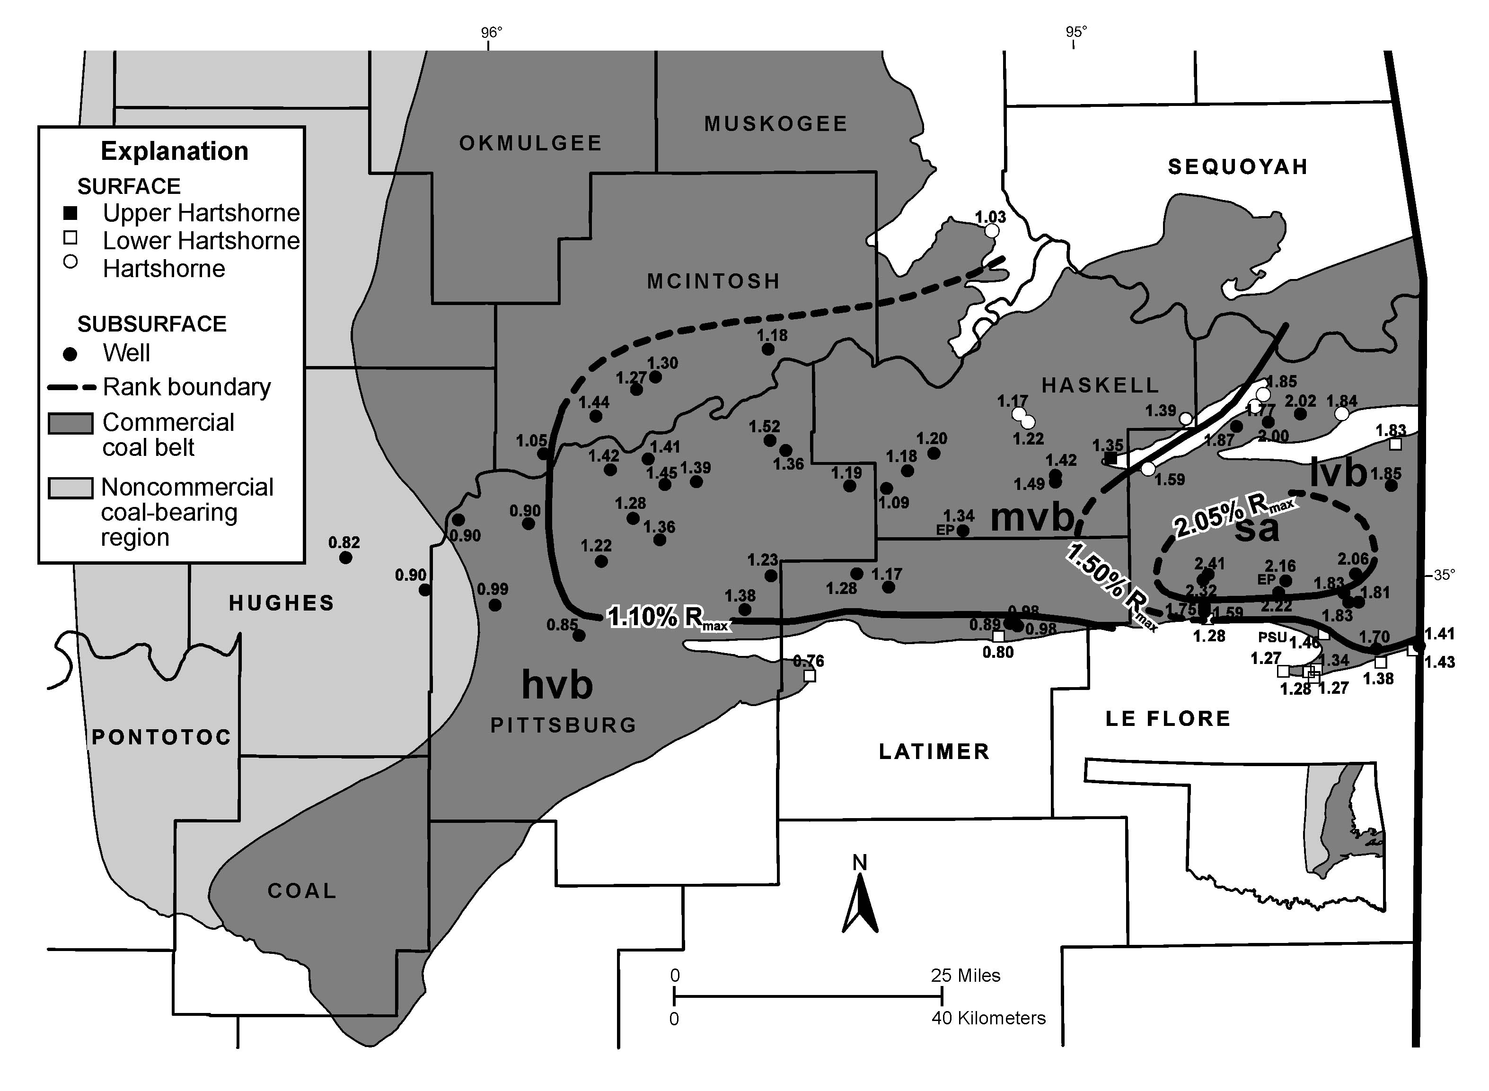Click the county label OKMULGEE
coord(530,143)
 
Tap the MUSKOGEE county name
coord(775,124)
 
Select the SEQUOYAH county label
coord(1238,167)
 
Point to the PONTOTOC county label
coord(161,737)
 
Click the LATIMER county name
coord(934,751)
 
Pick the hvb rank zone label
coord(557,684)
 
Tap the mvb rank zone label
coord(1032,518)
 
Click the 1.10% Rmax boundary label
coord(667,618)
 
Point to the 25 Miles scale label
coord(965,976)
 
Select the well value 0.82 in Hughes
coord(344,543)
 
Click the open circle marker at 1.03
coord(992,230)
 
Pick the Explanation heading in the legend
coord(175,151)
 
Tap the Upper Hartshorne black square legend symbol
coord(70,213)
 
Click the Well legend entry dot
coord(70,354)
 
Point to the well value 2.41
coord(1209,563)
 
